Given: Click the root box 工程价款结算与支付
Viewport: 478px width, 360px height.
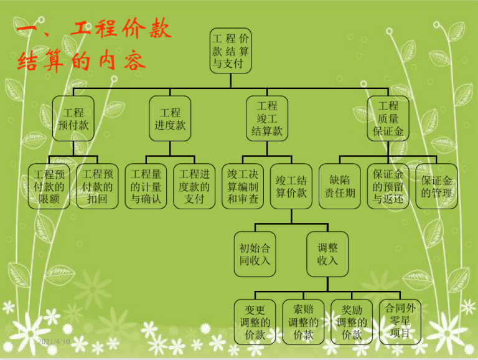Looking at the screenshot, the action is (230, 50).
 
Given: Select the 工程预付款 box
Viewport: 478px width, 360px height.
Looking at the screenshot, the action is (73, 118).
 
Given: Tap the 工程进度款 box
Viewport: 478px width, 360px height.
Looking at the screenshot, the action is (170, 118).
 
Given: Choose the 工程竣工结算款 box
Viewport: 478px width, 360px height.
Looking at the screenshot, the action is (267, 118).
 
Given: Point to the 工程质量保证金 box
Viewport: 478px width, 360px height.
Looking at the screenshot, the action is (388, 118).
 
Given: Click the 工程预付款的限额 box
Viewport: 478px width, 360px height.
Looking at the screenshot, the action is (49, 186).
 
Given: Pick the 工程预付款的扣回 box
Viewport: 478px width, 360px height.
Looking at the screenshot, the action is (97, 186).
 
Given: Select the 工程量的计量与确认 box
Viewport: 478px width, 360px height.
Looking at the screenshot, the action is (146, 186).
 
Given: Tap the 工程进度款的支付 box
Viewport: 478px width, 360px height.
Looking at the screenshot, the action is (194, 186).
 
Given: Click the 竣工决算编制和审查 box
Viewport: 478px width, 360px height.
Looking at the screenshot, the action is (243, 186).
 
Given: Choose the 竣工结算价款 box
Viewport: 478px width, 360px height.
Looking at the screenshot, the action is (291, 186).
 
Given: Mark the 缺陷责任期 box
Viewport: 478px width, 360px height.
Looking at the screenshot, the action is (340, 186).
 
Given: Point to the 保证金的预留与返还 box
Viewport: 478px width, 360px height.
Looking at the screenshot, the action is (388, 186).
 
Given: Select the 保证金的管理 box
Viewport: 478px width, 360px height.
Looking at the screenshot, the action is (436, 186).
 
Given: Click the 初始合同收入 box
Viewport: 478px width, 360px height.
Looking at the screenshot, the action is (255, 254).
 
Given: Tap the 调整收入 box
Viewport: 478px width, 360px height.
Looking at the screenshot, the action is (327, 254).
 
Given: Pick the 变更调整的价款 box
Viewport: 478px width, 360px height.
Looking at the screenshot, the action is (255, 322).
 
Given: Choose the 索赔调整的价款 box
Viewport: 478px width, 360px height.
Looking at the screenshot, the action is (303, 322).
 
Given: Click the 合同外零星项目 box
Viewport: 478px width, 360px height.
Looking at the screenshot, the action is (400, 322).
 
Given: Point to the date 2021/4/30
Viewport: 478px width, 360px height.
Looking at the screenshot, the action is (54, 342).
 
